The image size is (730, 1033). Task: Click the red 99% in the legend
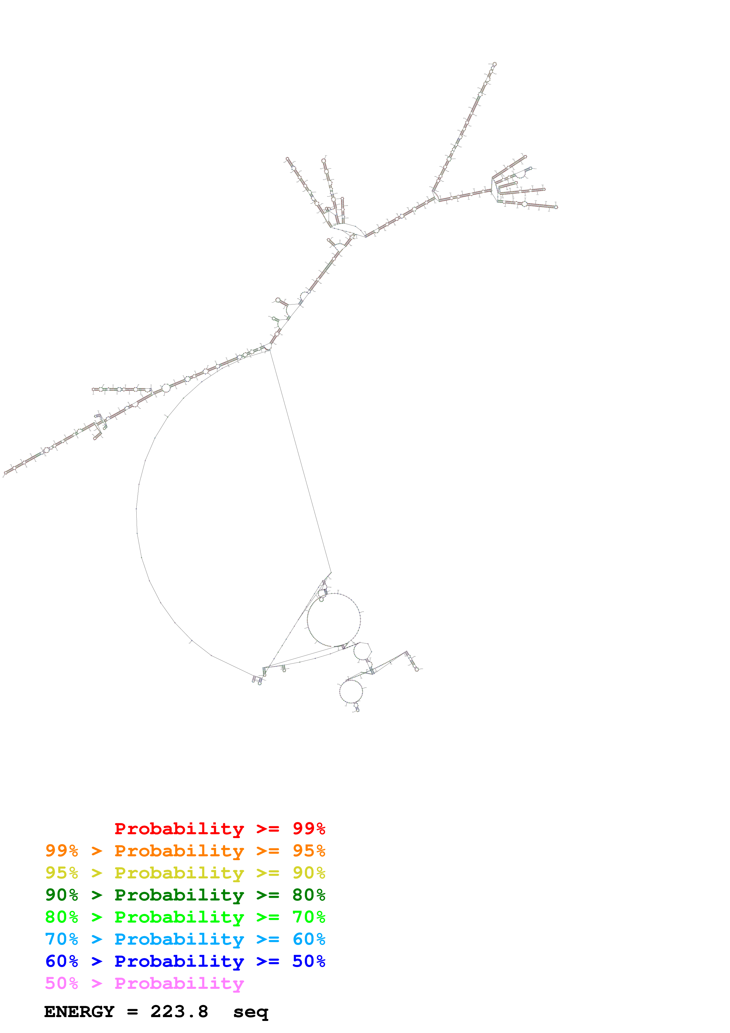pos(309,829)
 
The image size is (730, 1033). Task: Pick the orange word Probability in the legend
pos(179,851)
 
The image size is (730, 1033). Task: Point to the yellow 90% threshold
pos(309,873)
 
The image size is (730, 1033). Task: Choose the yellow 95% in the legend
pos(62,873)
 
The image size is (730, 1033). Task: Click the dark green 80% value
pos(309,895)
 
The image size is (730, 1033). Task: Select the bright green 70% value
pos(309,917)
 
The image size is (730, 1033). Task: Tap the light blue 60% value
pos(309,939)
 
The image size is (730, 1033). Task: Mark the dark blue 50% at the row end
pos(309,961)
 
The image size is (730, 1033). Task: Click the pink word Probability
pos(179,984)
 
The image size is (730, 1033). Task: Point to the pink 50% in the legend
pos(62,984)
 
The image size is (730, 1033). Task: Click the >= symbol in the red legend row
pos(268,829)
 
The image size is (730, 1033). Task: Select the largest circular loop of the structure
pos(334,620)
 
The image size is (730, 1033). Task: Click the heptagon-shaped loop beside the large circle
pos(362,651)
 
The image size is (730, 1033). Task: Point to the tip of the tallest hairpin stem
pos(494,64)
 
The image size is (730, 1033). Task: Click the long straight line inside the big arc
pos(300,461)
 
